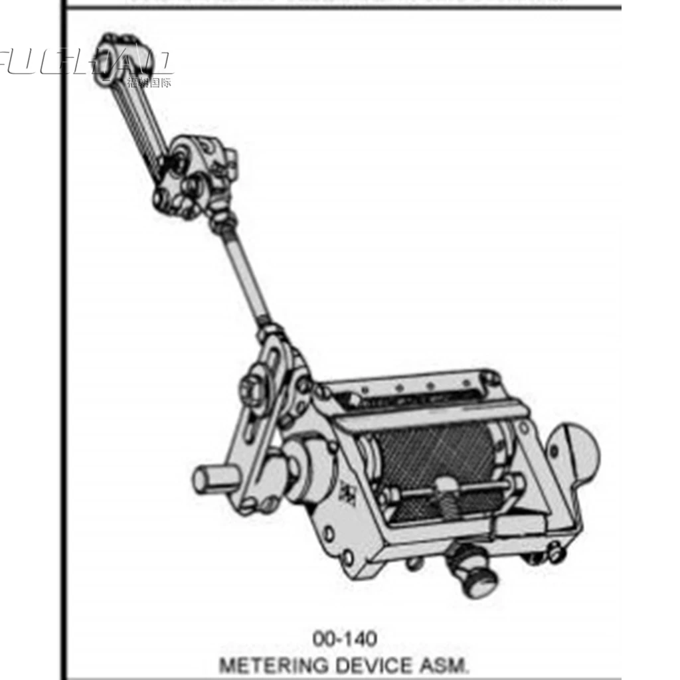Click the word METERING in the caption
click(x=268, y=665)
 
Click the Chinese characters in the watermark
click(x=149, y=83)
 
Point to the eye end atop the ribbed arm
click(x=108, y=53)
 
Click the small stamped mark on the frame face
click(x=347, y=492)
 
